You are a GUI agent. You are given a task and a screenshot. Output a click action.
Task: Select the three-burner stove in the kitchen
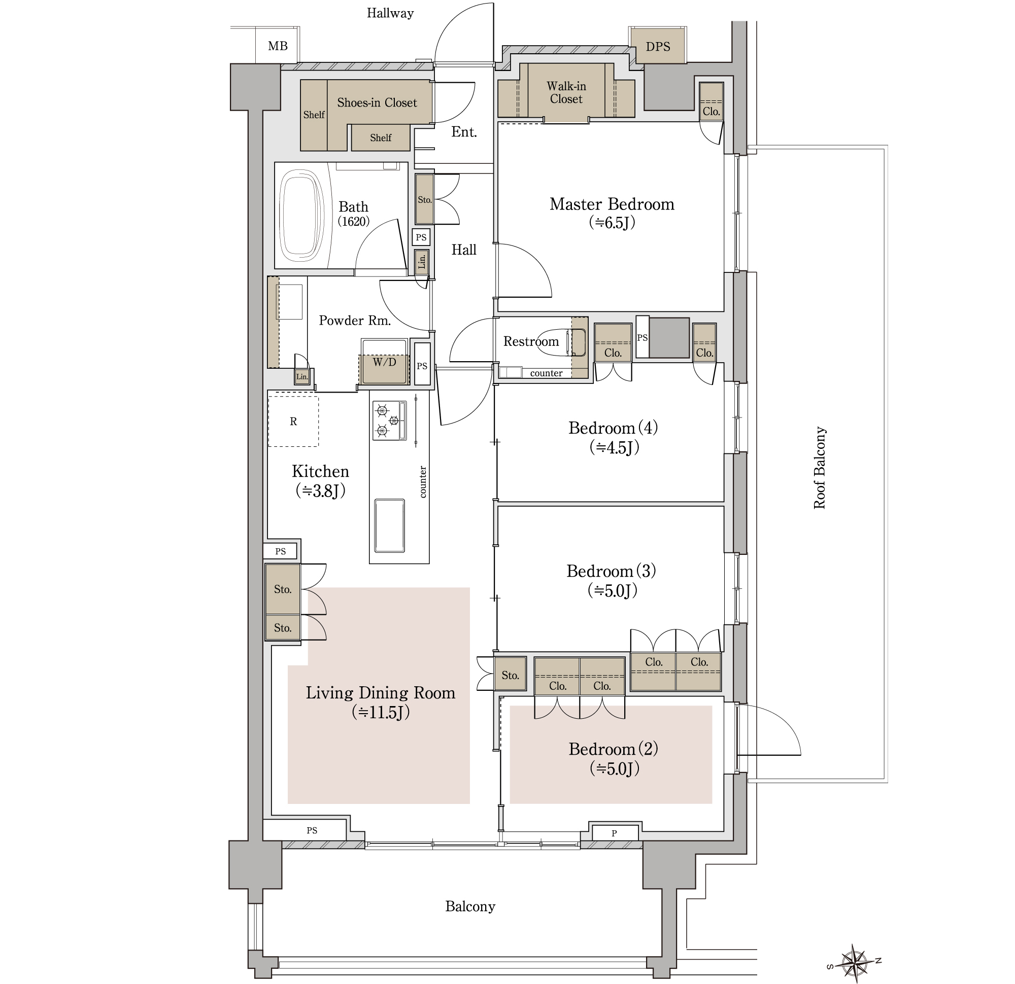pos(390,420)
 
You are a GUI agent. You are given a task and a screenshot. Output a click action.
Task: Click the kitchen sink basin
pos(389,526)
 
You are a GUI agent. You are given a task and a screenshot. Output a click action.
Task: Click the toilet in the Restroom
pos(562,342)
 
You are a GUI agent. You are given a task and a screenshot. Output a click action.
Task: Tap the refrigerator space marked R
pos(293,421)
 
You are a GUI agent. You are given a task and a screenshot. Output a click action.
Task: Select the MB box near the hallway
pos(278,46)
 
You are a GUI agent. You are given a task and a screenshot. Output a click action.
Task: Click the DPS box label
pos(658,47)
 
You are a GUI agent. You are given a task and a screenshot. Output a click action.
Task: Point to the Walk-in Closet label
pos(566,93)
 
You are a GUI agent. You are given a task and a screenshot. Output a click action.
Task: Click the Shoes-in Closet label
pos(377,102)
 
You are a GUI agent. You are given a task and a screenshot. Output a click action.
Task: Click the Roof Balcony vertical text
pos(819,468)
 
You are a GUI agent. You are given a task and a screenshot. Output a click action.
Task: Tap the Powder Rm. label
pos(355,321)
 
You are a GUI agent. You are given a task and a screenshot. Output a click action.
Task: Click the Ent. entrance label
pos(463,132)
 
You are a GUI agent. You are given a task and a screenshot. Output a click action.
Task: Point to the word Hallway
pos(390,13)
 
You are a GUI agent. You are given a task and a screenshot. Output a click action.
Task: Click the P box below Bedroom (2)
pos(615,833)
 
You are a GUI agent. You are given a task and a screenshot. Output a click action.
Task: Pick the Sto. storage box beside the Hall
pos(425,199)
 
